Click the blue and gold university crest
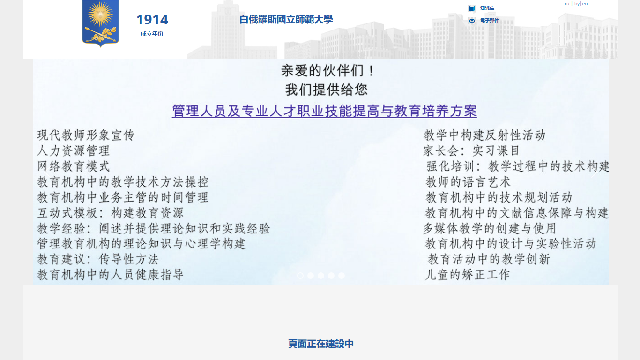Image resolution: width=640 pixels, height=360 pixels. point(100,23)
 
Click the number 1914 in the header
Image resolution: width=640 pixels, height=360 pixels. point(152,20)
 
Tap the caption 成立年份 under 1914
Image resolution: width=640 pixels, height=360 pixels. point(152,34)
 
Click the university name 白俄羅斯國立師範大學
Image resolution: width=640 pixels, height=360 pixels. point(286,19)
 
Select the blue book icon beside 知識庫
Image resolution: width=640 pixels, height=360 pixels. point(472,8)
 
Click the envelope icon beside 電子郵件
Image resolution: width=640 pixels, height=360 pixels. point(472,21)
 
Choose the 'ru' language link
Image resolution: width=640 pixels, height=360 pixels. point(567,4)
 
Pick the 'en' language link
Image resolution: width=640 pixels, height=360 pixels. point(585,4)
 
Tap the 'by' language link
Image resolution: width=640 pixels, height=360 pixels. point(577,4)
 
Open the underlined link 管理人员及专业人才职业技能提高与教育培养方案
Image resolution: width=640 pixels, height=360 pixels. point(324,111)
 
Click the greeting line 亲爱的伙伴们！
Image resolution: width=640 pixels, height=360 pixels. point(327,71)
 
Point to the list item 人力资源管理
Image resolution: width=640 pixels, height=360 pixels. point(74,150)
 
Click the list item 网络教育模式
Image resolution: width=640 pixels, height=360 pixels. point(74,166)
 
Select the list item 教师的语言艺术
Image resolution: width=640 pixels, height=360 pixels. point(468,181)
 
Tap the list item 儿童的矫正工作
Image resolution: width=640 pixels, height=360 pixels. point(467,275)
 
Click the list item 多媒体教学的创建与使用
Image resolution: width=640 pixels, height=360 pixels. point(490,228)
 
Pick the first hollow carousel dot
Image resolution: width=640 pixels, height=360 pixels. point(300,275)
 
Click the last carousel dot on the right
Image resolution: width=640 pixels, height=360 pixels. point(342,275)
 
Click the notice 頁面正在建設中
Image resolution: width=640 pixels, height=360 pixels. point(321,344)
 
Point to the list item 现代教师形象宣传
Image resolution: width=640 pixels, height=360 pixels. point(86,135)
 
